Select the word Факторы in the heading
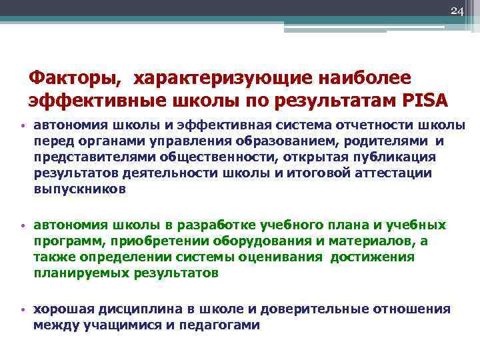point(74,79)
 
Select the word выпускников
point(79,189)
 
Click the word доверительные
point(309,310)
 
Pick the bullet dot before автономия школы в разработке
point(23,226)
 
